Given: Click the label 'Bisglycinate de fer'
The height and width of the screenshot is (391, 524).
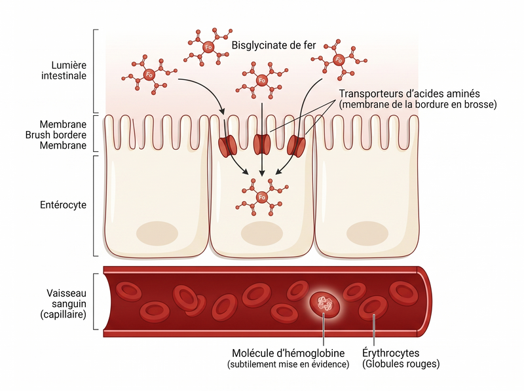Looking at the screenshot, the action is pos(273,45).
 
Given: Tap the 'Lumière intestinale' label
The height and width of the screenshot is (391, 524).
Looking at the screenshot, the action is pos(64,70).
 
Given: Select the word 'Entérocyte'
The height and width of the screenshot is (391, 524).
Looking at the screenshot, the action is pos(63,205).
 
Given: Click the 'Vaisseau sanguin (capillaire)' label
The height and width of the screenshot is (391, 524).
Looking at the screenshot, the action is pos(64,304).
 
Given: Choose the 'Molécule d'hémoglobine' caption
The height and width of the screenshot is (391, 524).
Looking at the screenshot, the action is pos(288,353).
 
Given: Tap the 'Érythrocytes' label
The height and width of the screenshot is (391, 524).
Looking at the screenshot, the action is pos(390,353).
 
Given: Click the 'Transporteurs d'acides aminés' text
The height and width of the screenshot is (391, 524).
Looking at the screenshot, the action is pos(409,93).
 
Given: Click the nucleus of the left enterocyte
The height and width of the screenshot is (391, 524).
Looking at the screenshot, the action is pos(157,233).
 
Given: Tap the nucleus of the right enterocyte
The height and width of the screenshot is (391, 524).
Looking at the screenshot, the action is pos(367,233).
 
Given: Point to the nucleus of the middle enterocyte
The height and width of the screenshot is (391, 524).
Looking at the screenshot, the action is pos(262,233).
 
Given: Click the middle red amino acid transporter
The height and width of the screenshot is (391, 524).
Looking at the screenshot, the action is pos(262,144).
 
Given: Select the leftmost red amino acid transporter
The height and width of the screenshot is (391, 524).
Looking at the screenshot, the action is pos(227,146).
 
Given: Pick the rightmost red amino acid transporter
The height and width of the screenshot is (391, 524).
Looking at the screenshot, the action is pos(297,145).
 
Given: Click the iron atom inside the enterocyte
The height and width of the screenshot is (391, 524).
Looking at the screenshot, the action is pos(262,197).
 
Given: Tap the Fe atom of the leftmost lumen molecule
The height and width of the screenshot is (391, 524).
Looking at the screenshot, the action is pos(149,75).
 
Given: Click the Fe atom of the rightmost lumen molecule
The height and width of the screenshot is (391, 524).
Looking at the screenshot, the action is pos(339,60).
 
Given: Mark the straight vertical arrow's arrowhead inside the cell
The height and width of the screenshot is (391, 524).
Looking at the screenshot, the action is pos(262,173).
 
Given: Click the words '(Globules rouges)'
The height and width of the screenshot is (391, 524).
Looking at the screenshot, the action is pos(401,364).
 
